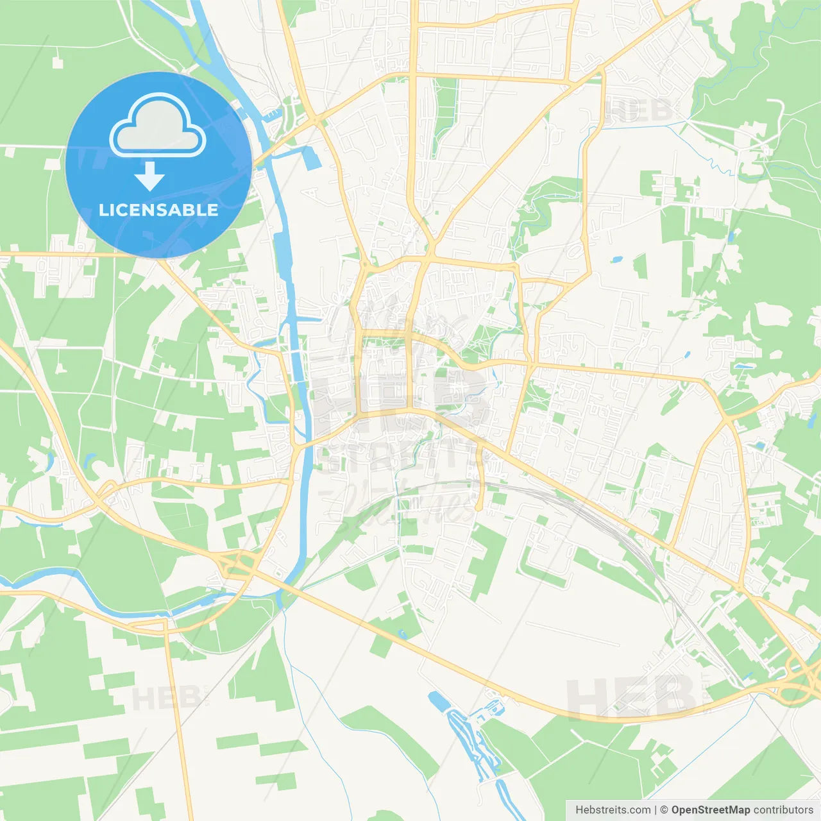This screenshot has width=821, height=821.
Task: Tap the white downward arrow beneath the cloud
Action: pos(149,176)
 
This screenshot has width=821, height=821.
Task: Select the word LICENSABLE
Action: pos(158,210)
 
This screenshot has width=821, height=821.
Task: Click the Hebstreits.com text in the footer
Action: pos(613,809)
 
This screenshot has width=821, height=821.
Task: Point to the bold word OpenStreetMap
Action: pos(711,809)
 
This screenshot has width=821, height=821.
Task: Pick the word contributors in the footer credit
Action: pos(783,809)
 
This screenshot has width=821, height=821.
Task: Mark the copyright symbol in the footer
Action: pos(664,809)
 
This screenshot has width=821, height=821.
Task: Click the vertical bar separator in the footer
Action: pos(656,809)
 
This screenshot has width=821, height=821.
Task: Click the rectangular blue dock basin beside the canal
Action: pos(312,158)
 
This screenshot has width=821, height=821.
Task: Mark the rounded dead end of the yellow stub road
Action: pos(478,507)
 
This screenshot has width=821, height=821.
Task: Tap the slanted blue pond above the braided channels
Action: pos(438,701)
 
